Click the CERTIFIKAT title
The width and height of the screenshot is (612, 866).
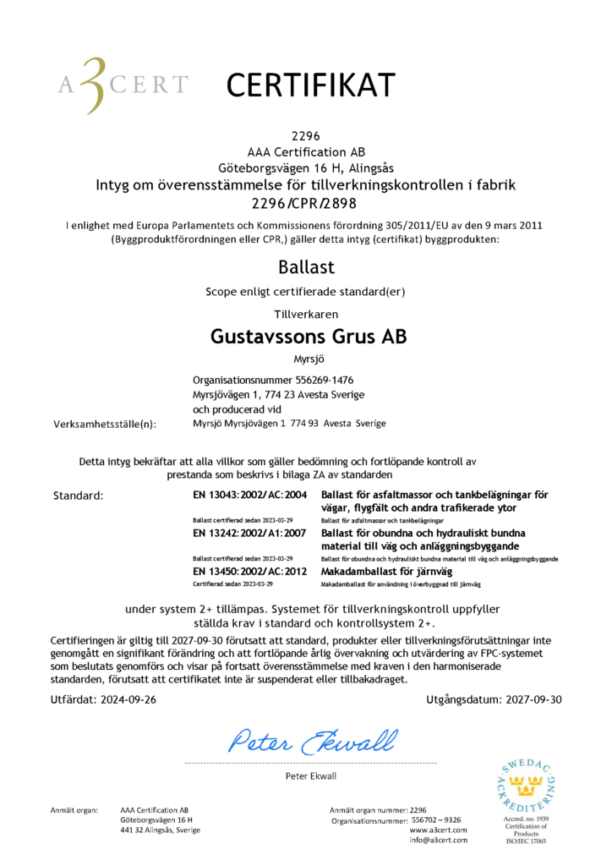[x=310, y=84]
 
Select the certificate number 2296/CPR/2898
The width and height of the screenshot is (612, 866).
[x=305, y=202]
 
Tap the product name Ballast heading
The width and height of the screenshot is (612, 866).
[x=305, y=268]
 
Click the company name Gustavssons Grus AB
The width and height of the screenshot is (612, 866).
[x=308, y=336]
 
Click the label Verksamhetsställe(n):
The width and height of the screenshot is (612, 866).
[x=105, y=424]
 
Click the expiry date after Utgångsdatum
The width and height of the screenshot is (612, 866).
[x=533, y=699]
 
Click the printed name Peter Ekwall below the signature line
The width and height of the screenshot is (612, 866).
[x=311, y=776]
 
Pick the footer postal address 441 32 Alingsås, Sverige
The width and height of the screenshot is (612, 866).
[x=161, y=830]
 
